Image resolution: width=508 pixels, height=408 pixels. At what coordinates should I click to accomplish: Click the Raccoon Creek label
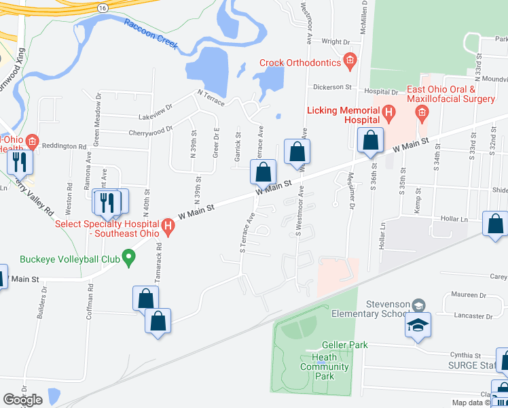pos(151,34)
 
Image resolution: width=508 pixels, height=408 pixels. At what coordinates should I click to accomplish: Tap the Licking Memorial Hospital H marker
pos(388,111)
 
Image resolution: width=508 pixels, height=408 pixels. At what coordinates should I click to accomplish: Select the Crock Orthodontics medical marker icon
pos(350,63)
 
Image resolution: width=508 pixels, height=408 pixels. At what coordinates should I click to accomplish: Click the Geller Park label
pos(345,345)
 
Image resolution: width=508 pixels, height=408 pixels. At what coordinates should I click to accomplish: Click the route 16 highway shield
pos(102,6)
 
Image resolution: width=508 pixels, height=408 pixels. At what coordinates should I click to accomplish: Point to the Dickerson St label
pos(332,87)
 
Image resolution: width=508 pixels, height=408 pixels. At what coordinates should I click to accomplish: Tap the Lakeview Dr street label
pos(156,106)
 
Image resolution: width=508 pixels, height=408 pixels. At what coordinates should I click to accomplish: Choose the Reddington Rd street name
pos(64,146)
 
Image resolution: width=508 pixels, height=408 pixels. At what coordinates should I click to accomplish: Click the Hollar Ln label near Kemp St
pos(454,219)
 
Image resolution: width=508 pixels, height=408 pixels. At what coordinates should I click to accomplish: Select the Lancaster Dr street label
pos(474,316)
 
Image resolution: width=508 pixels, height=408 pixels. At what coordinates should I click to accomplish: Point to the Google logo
pos(22,400)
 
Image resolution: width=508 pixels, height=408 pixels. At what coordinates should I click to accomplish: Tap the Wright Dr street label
pos(335,41)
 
